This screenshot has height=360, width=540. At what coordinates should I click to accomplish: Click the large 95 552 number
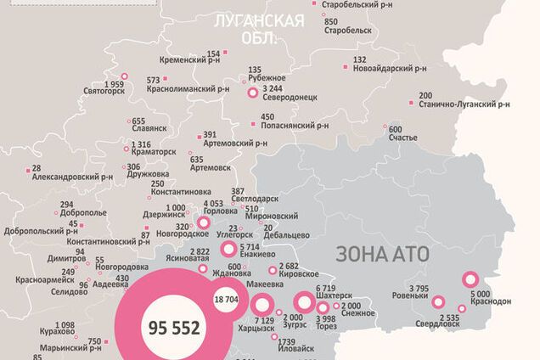coord(173,327)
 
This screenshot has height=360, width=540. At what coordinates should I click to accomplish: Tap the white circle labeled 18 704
coord(225,300)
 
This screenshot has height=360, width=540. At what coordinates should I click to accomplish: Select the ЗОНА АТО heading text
coord(383,253)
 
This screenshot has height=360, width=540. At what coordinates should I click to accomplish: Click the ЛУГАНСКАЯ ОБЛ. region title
coord(260,28)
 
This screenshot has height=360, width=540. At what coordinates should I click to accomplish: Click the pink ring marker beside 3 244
coord(252,94)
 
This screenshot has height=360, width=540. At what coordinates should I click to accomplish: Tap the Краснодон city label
coord(487,301)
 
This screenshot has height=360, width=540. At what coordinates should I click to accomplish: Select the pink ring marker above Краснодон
coord(470,279)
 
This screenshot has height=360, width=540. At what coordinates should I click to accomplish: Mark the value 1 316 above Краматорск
coord(142,144)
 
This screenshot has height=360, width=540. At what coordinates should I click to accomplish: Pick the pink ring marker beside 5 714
coord(228,249)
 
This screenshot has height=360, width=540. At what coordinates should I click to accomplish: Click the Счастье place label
coord(402,138)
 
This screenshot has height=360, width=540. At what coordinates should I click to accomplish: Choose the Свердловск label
coord(438,323)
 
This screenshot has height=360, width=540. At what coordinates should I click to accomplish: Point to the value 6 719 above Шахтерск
coord(326,289)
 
